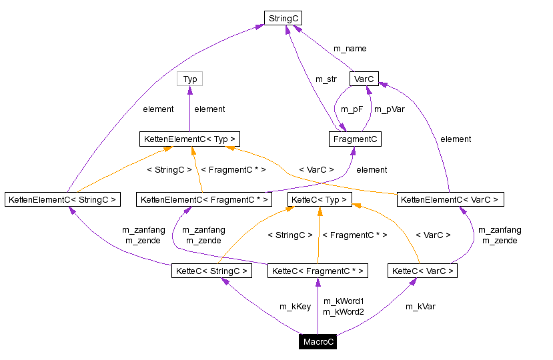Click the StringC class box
(x=283, y=19)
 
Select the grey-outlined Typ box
(x=190, y=79)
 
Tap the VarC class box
(x=364, y=79)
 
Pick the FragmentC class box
(x=355, y=139)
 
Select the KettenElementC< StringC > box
(x=62, y=199)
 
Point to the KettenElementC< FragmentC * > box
(x=205, y=199)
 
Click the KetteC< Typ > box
(x=318, y=199)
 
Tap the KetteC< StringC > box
(x=211, y=271)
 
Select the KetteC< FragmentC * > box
(x=318, y=271)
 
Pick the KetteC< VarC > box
(x=423, y=271)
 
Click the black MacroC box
(x=318, y=342)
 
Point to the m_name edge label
(x=350, y=49)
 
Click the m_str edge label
(x=326, y=79)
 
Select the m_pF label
(x=352, y=109)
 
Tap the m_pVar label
(x=389, y=109)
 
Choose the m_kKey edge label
(x=295, y=307)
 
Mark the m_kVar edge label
(x=420, y=307)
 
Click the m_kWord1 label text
(x=343, y=301)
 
